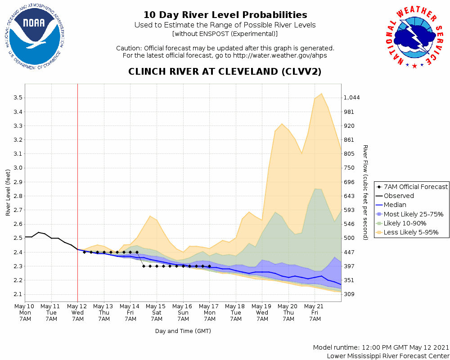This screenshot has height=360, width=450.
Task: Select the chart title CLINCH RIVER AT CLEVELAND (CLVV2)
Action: click(225, 72)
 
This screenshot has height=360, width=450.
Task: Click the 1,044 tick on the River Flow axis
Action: click(352, 98)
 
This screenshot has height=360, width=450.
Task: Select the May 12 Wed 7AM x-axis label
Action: click(77, 312)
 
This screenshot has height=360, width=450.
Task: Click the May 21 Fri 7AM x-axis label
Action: click(315, 312)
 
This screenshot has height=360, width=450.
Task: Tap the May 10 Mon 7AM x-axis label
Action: click(25, 312)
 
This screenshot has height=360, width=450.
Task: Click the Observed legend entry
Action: click(399, 196)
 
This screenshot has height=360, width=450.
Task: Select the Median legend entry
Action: click(395, 205)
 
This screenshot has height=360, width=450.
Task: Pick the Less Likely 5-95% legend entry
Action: click(411, 232)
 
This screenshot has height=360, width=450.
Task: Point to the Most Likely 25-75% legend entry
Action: click(413, 214)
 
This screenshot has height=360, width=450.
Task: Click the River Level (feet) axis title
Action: click(8, 192)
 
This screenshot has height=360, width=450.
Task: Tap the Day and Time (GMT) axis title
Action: click(183, 331)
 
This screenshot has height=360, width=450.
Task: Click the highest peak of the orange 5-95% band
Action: click(321, 94)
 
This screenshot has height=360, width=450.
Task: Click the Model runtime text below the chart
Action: click(381, 347)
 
